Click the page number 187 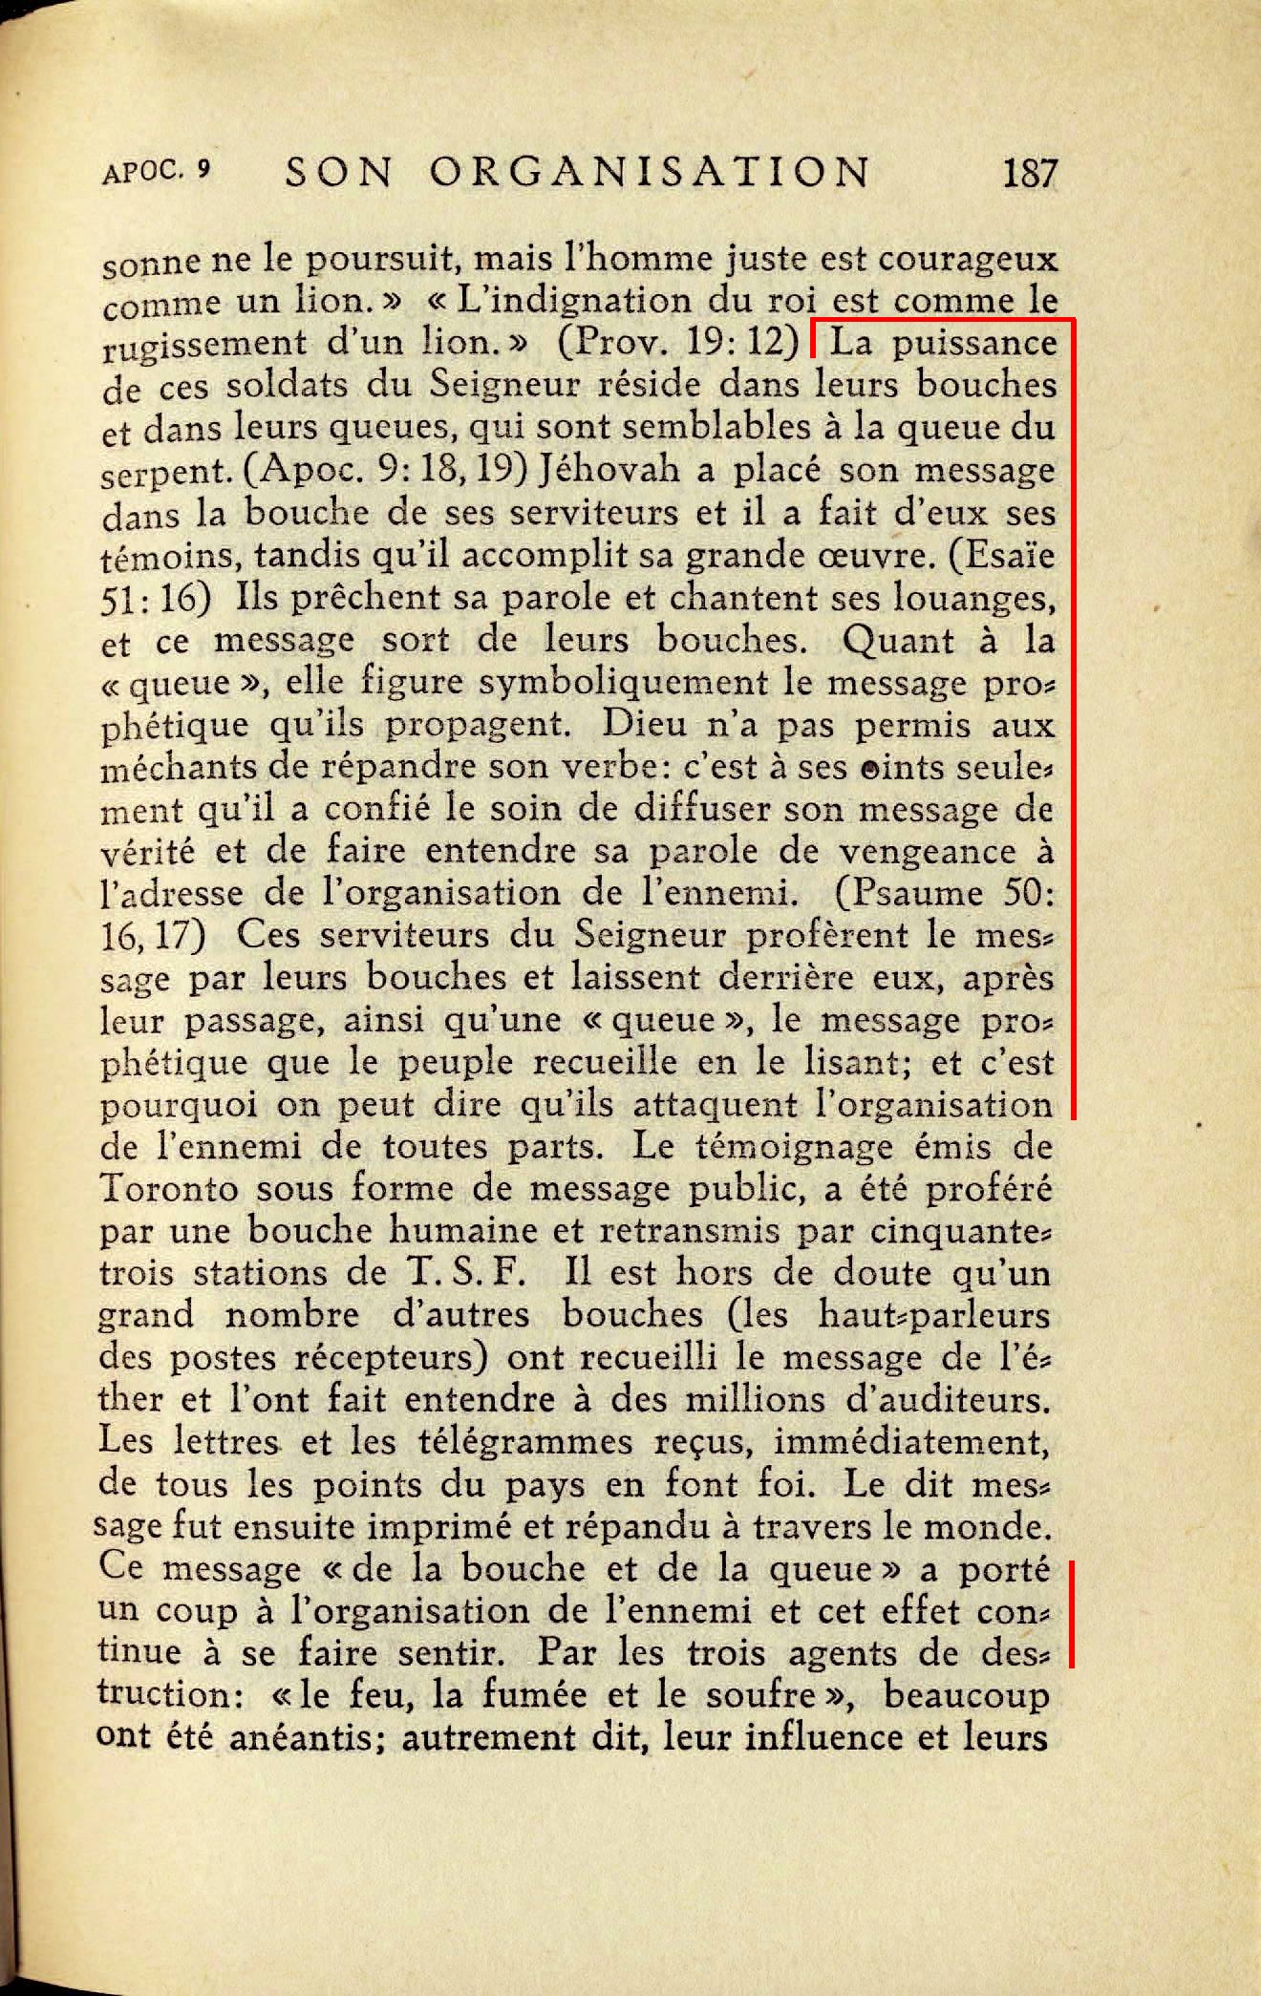coord(1030,173)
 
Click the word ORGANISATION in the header coord(650,173)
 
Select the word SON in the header coord(339,173)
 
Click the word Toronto coord(169,1188)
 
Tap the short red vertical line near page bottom coord(1072,1613)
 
